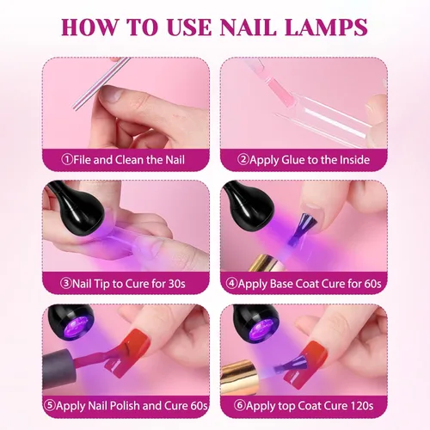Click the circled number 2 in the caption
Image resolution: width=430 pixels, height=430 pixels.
click(x=243, y=159)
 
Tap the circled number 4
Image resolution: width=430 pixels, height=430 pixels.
click(x=231, y=281)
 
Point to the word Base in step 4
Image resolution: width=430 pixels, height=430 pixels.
click(x=285, y=281)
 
